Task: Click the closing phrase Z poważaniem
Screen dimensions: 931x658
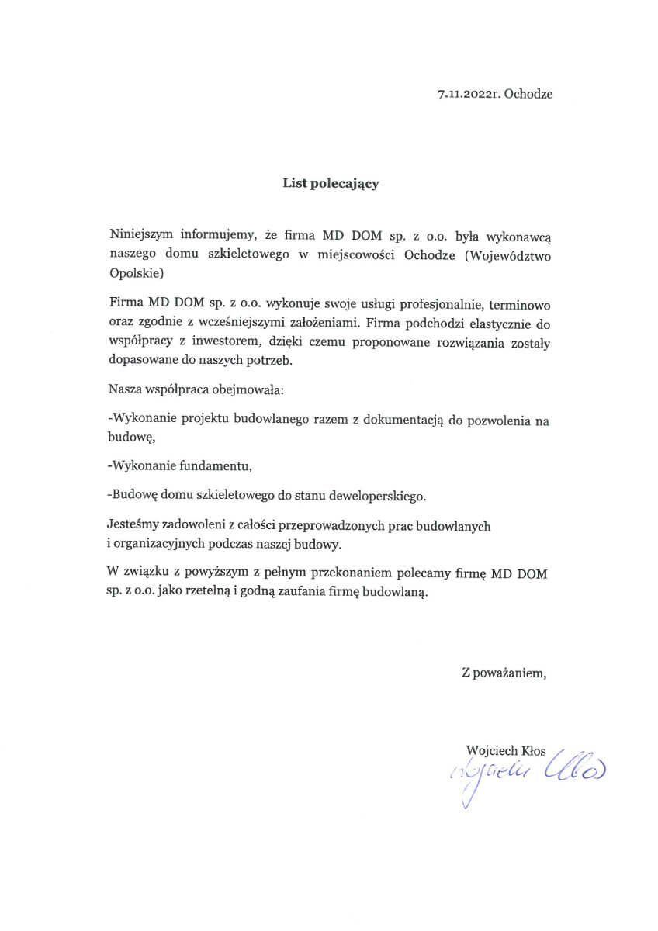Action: (x=504, y=673)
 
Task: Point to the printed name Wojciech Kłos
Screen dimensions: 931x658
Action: (x=507, y=750)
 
